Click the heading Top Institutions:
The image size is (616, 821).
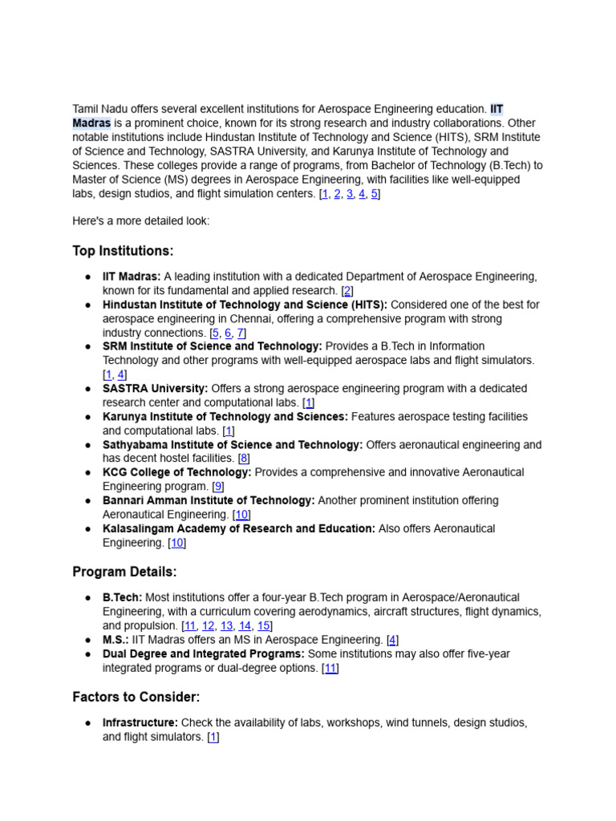tap(123, 251)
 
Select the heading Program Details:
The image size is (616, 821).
tap(124, 572)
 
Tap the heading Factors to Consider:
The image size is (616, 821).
tap(136, 697)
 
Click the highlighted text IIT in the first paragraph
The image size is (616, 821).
tap(496, 109)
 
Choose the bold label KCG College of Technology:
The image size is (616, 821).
tap(176, 472)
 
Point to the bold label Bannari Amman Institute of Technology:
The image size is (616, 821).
tap(208, 500)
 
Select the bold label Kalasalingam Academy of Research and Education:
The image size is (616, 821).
tap(238, 528)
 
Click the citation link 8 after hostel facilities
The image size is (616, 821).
tap(244, 459)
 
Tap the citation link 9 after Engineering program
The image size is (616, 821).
tap(217, 487)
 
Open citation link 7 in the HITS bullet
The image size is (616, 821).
tap(241, 333)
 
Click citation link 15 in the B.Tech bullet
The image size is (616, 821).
tap(263, 626)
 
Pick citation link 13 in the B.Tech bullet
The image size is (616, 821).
tap(227, 626)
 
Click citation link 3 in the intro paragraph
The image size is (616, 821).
tap(350, 194)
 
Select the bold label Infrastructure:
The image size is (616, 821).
tap(140, 723)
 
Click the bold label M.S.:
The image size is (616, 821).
tap(115, 640)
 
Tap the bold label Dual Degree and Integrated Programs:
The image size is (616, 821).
tap(203, 654)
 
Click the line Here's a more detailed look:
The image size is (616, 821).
tap(140, 221)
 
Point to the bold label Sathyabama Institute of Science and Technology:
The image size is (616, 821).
tap(232, 445)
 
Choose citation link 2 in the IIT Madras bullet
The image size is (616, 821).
tap(346, 291)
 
